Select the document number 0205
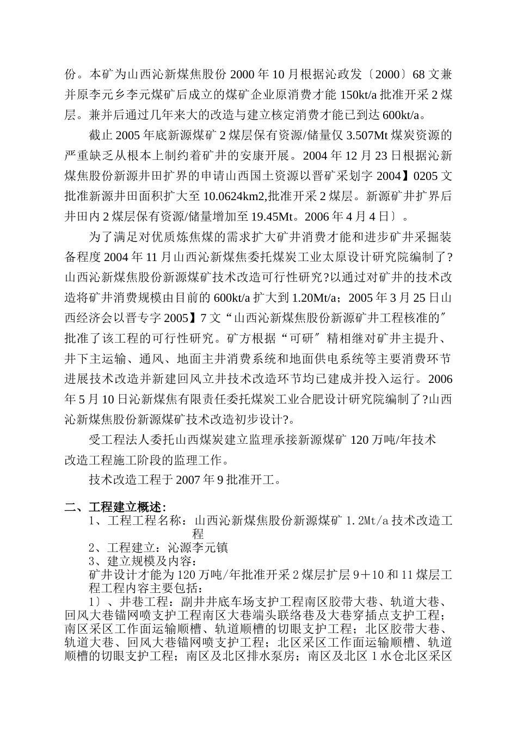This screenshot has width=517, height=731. point(426,176)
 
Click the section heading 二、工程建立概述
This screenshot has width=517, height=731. point(115,507)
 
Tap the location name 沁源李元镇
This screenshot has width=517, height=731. point(192,547)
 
